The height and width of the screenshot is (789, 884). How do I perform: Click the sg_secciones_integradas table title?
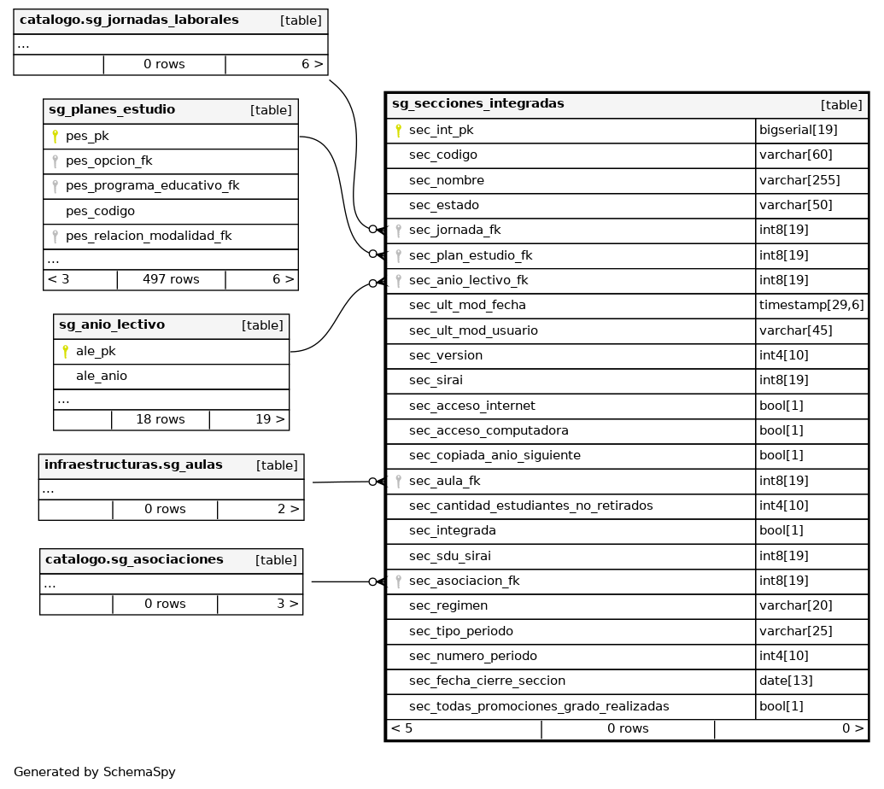click(x=477, y=104)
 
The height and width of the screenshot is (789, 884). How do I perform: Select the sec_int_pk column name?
click(x=441, y=131)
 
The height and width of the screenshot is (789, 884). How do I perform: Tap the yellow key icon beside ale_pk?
click(x=65, y=351)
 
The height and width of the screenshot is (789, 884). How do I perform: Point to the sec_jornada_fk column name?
click(x=454, y=231)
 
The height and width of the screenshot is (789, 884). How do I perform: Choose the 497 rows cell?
click(x=171, y=279)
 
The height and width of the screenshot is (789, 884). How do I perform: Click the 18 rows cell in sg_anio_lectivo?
click(x=160, y=419)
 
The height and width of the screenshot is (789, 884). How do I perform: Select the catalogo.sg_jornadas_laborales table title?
click(x=129, y=20)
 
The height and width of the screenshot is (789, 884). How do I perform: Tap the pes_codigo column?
click(x=100, y=211)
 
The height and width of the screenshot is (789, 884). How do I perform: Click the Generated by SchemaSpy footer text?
click(x=95, y=772)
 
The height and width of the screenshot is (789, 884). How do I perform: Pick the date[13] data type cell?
click(x=786, y=681)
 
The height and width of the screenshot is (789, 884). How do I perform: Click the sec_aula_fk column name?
click(x=444, y=482)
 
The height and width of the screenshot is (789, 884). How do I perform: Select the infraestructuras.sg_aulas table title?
click(x=133, y=465)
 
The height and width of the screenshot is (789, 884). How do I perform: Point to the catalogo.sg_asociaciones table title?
click(x=134, y=560)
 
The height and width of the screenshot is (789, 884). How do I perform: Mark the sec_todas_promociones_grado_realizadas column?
click(x=539, y=707)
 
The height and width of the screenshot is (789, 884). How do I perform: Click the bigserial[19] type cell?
click(x=798, y=131)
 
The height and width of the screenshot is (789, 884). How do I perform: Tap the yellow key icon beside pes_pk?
click(x=55, y=136)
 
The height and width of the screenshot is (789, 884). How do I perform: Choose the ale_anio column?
click(x=102, y=376)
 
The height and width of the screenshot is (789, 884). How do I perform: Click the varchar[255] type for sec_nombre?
click(x=799, y=180)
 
